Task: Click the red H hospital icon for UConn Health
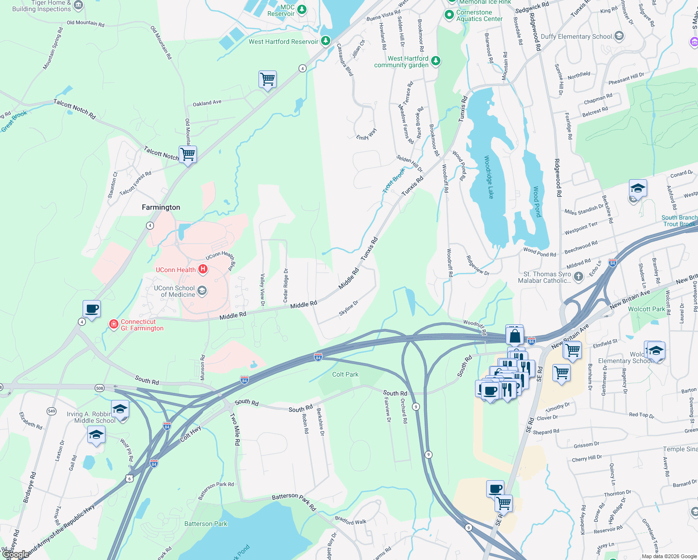[202, 269]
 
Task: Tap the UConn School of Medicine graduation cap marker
[202, 291]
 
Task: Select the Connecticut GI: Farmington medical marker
[113, 324]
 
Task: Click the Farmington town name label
[161, 207]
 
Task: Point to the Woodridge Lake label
[488, 177]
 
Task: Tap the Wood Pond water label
[537, 202]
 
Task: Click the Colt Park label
[345, 374]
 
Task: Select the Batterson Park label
[206, 524]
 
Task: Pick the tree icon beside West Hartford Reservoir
[325, 41]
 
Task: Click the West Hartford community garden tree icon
[435, 61]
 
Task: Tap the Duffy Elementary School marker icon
[619, 36]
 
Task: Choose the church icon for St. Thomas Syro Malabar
[578, 277]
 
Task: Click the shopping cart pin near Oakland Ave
[268, 79]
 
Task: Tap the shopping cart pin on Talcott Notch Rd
[188, 154]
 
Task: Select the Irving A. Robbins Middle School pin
[120, 409]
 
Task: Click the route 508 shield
[99, 388]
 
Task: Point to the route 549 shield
[51, 411]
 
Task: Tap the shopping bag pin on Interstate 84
[514, 336]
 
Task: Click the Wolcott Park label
[646, 309]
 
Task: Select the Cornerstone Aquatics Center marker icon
[449, 15]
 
